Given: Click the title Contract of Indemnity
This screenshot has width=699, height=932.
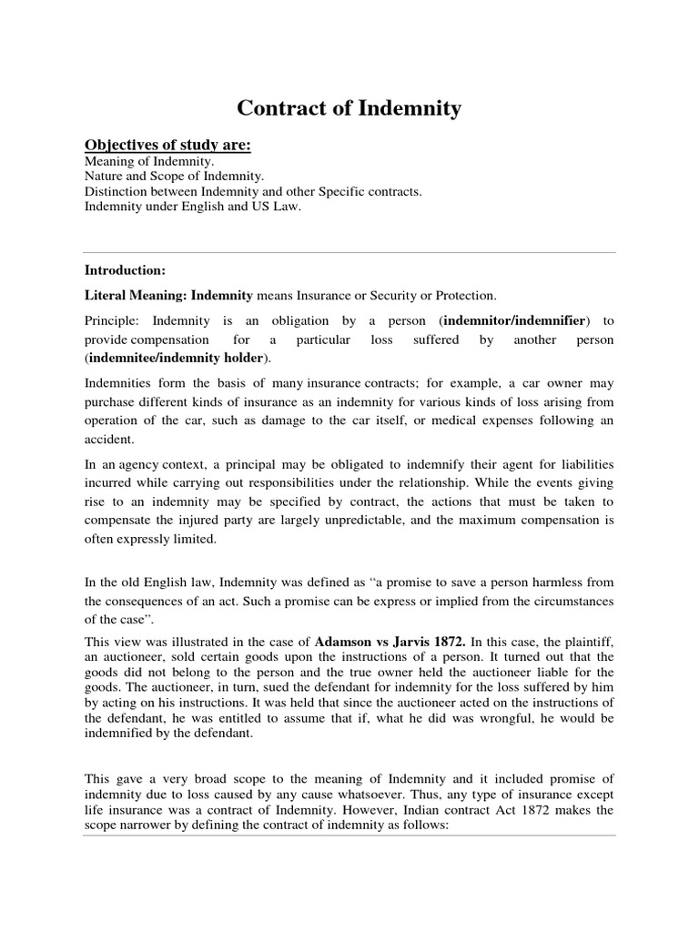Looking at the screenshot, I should click(349, 109).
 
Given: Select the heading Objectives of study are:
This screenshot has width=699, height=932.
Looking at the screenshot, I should click(167, 147).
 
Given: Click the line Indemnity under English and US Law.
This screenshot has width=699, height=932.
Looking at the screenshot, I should click(187, 208).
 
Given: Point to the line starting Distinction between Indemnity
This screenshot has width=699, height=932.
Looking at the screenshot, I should click(253, 192).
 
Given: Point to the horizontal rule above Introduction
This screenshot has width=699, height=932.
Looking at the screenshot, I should click(349, 252).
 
